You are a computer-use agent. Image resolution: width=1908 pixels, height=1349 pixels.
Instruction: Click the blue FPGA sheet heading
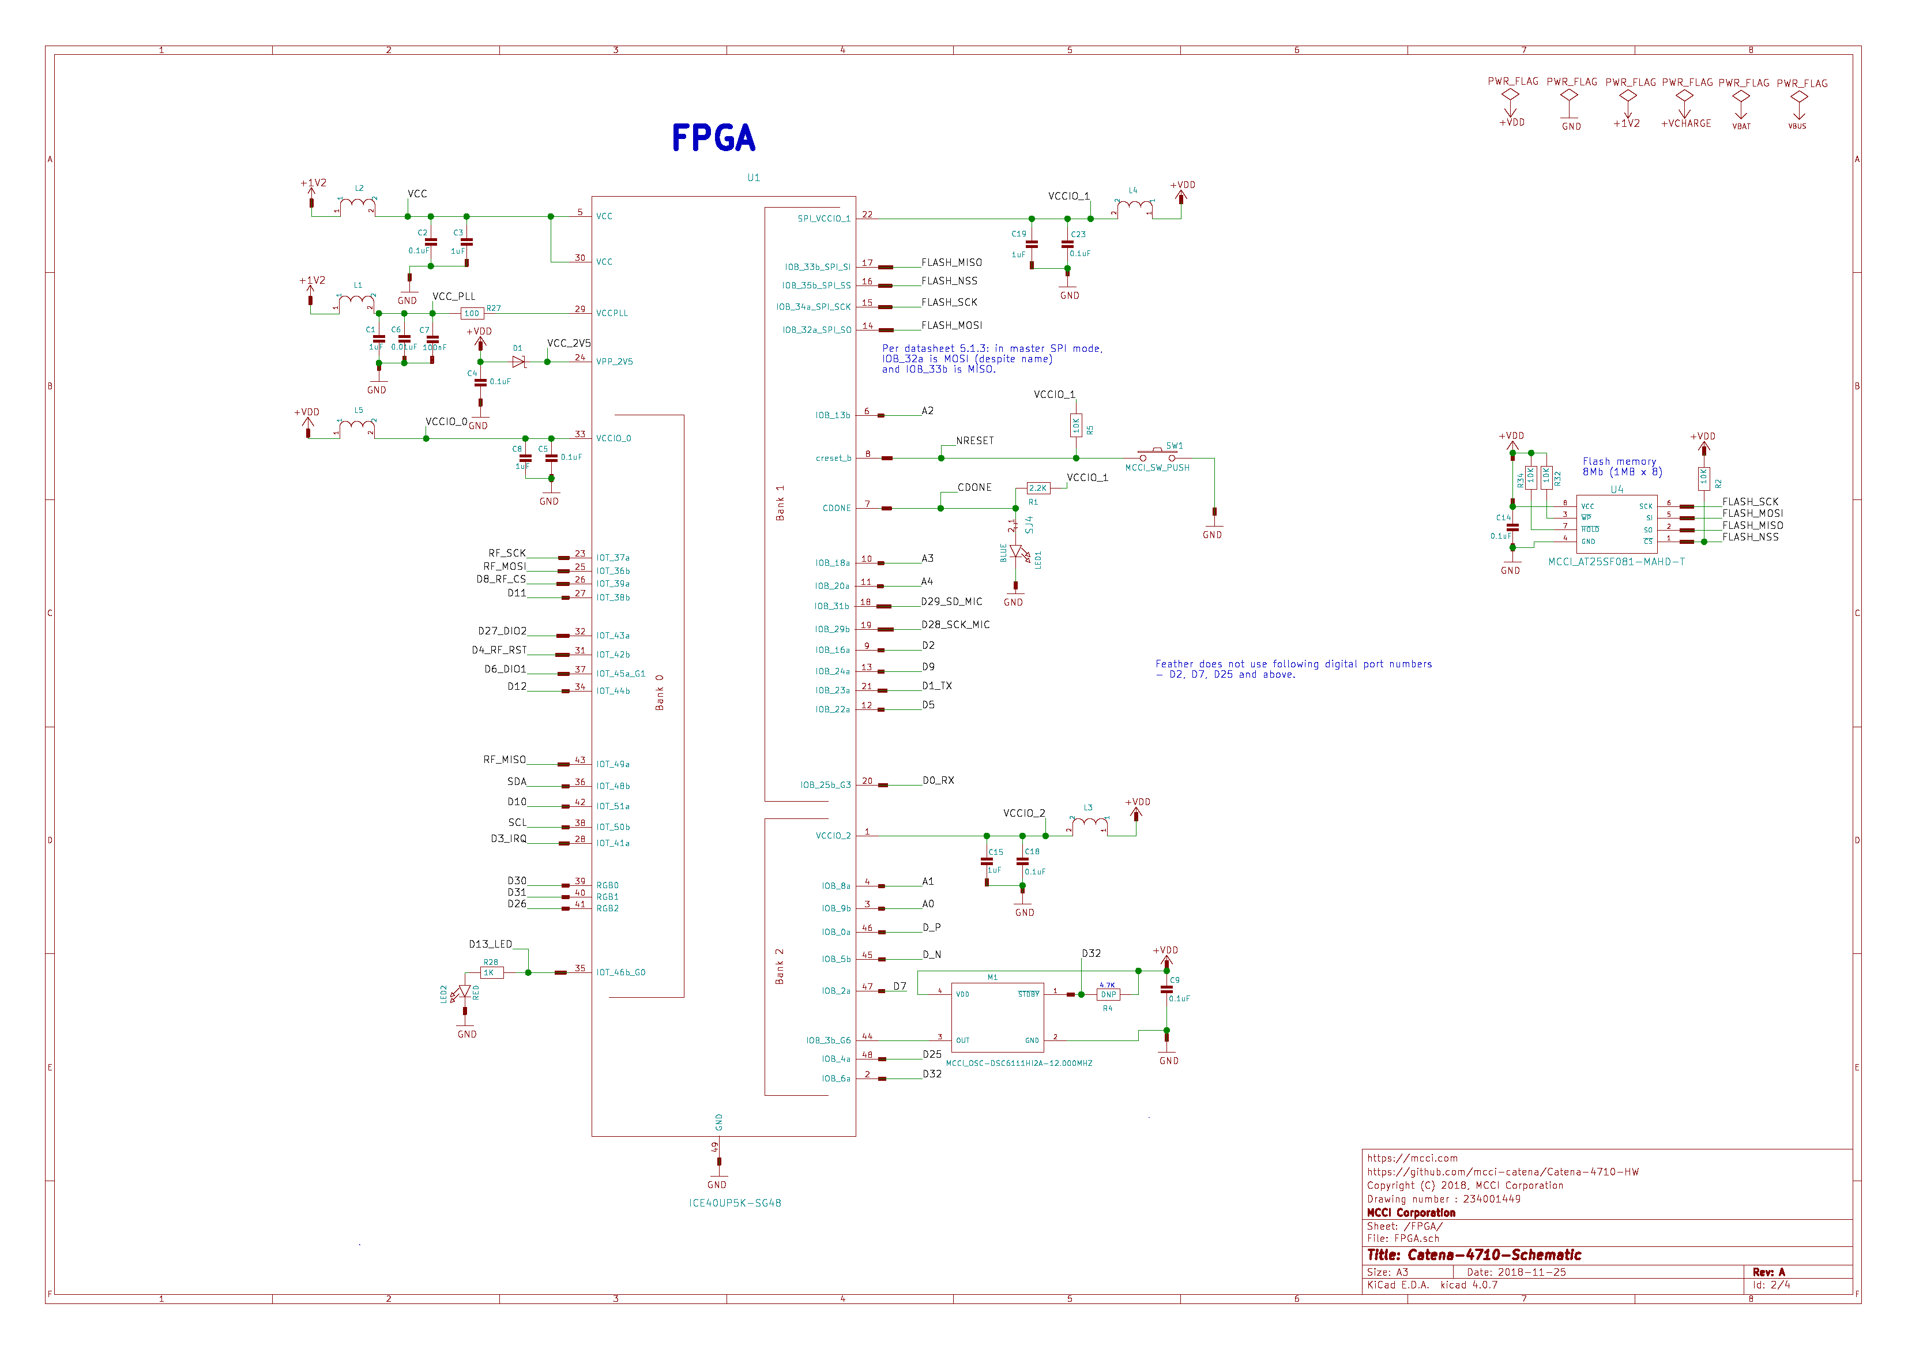[x=713, y=138]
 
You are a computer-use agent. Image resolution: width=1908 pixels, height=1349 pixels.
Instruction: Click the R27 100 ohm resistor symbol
[x=472, y=313]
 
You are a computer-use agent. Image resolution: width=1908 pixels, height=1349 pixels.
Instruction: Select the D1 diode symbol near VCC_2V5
[x=518, y=362]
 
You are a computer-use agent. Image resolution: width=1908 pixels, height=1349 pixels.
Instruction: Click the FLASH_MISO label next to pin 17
[x=951, y=262]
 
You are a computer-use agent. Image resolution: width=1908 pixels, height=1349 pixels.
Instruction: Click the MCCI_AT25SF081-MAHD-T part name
[x=1616, y=562]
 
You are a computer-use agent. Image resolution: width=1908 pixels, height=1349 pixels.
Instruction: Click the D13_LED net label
[x=490, y=944]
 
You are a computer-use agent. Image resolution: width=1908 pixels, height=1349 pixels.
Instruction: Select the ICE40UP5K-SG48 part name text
[x=735, y=1203]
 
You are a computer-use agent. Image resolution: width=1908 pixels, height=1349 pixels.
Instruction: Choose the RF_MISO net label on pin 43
[x=505, y=760]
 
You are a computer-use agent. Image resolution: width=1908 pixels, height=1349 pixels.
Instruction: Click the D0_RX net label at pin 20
[x=938, y=780]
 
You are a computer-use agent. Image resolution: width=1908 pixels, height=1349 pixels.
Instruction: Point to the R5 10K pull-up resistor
[x=1076, y=426]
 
